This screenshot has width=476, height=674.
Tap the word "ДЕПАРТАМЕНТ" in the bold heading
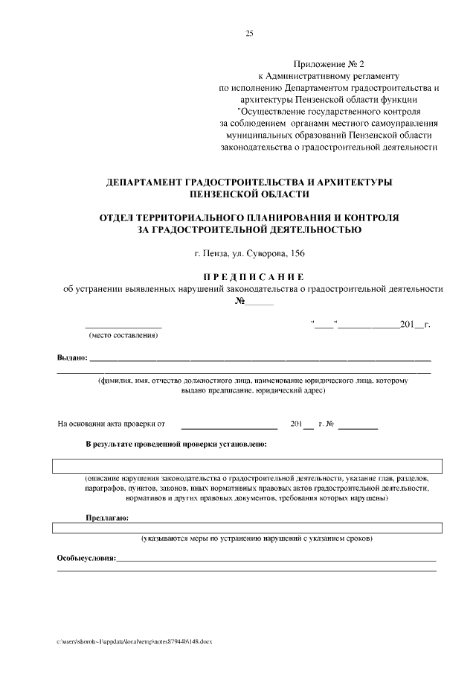pos(148,182)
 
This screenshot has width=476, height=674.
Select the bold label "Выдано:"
pos(72,358)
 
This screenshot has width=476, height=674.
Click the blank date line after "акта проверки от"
pos(229,426)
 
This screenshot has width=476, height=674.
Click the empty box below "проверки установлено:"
pos(247,466)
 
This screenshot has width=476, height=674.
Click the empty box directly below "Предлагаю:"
pos(247,528)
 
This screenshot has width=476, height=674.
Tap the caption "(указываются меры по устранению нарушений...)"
pos(257,538)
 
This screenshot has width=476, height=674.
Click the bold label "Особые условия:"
pos(86,558)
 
